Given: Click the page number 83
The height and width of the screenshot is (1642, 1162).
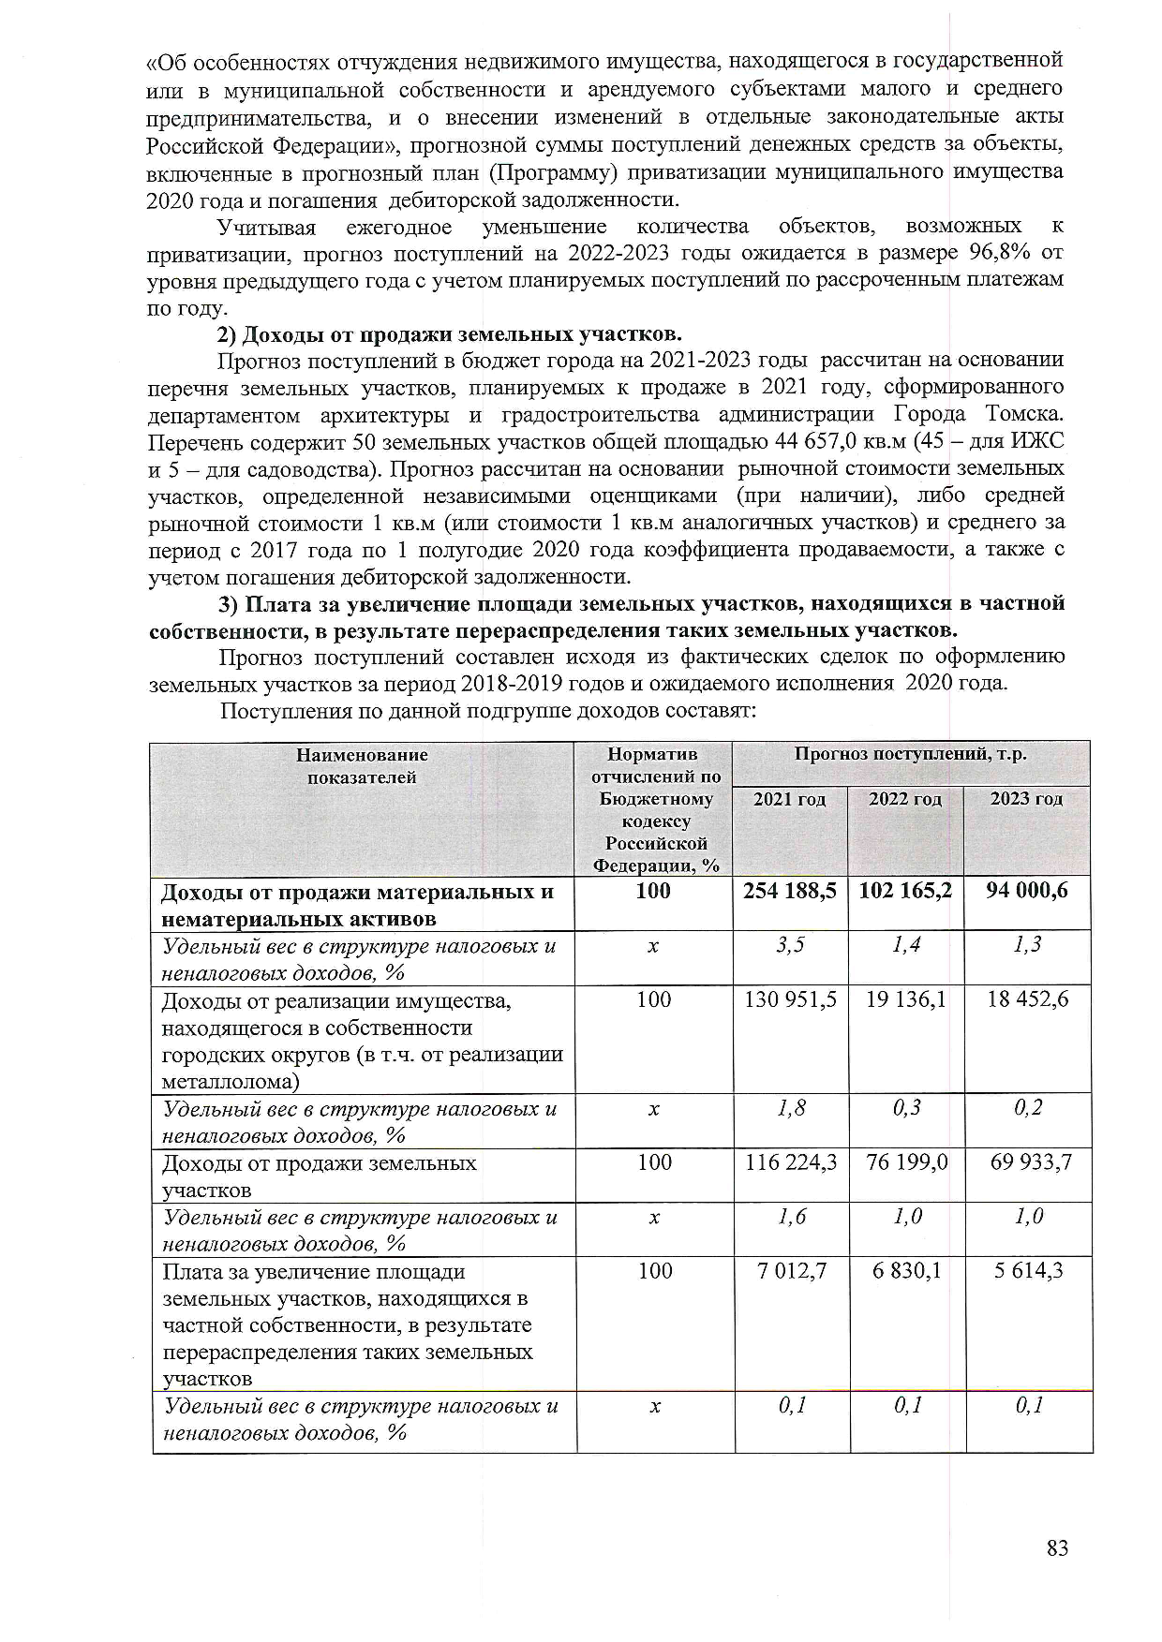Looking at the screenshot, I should coord(1057,1548).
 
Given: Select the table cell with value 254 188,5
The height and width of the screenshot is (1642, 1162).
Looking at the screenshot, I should coord(790,891).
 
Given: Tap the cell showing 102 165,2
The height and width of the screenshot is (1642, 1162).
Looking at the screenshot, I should coord(905,891).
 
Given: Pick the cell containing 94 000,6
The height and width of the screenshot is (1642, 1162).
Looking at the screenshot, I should coord(1027,891).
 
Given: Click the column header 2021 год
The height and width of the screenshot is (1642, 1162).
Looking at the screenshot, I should coord(790,799).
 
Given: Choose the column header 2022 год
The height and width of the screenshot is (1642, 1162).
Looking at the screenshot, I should coord(905,799).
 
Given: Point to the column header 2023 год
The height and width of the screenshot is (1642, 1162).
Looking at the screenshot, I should coord(1027,799).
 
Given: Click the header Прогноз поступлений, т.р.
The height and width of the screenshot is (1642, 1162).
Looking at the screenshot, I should coord(911,754).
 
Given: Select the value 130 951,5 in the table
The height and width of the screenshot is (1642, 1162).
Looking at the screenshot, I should coord(790,1000).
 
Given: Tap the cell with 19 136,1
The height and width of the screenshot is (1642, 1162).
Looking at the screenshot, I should coord(905,1000).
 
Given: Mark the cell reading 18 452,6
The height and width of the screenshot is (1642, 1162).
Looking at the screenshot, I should coord(1028,1000).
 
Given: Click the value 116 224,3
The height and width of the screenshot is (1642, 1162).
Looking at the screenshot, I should coord(791,1163).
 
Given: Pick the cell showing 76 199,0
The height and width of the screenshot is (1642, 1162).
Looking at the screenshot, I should coord(906,1163).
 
